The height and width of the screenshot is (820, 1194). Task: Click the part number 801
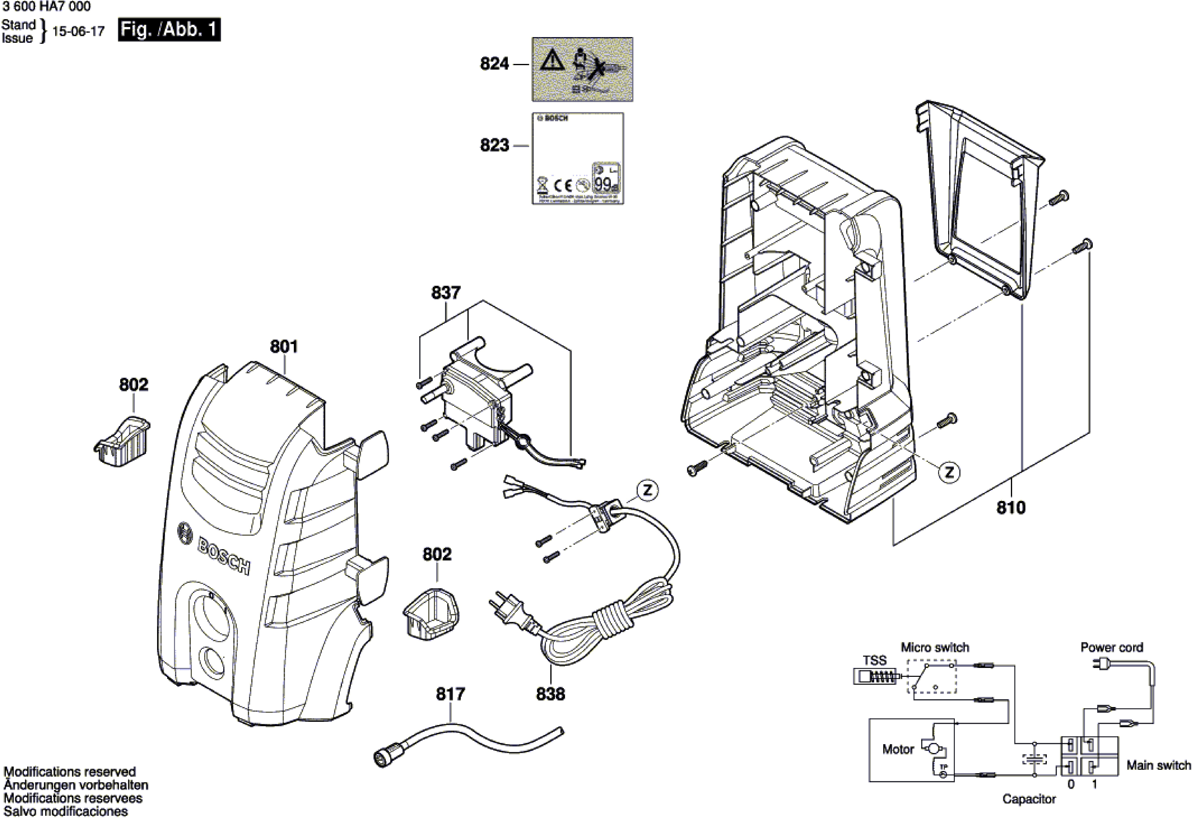[284, 347]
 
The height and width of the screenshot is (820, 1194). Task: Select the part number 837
[445, 293]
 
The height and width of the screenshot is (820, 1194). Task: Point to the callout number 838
[550, 694]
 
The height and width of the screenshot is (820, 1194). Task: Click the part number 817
[450, 694]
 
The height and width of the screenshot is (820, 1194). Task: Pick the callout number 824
[494, 64]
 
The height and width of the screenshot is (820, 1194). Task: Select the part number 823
[494, 145]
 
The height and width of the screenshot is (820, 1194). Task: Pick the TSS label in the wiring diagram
[874, 660]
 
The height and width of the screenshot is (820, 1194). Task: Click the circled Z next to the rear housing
[949, 472]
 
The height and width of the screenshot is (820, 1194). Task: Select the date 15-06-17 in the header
[78, 31]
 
